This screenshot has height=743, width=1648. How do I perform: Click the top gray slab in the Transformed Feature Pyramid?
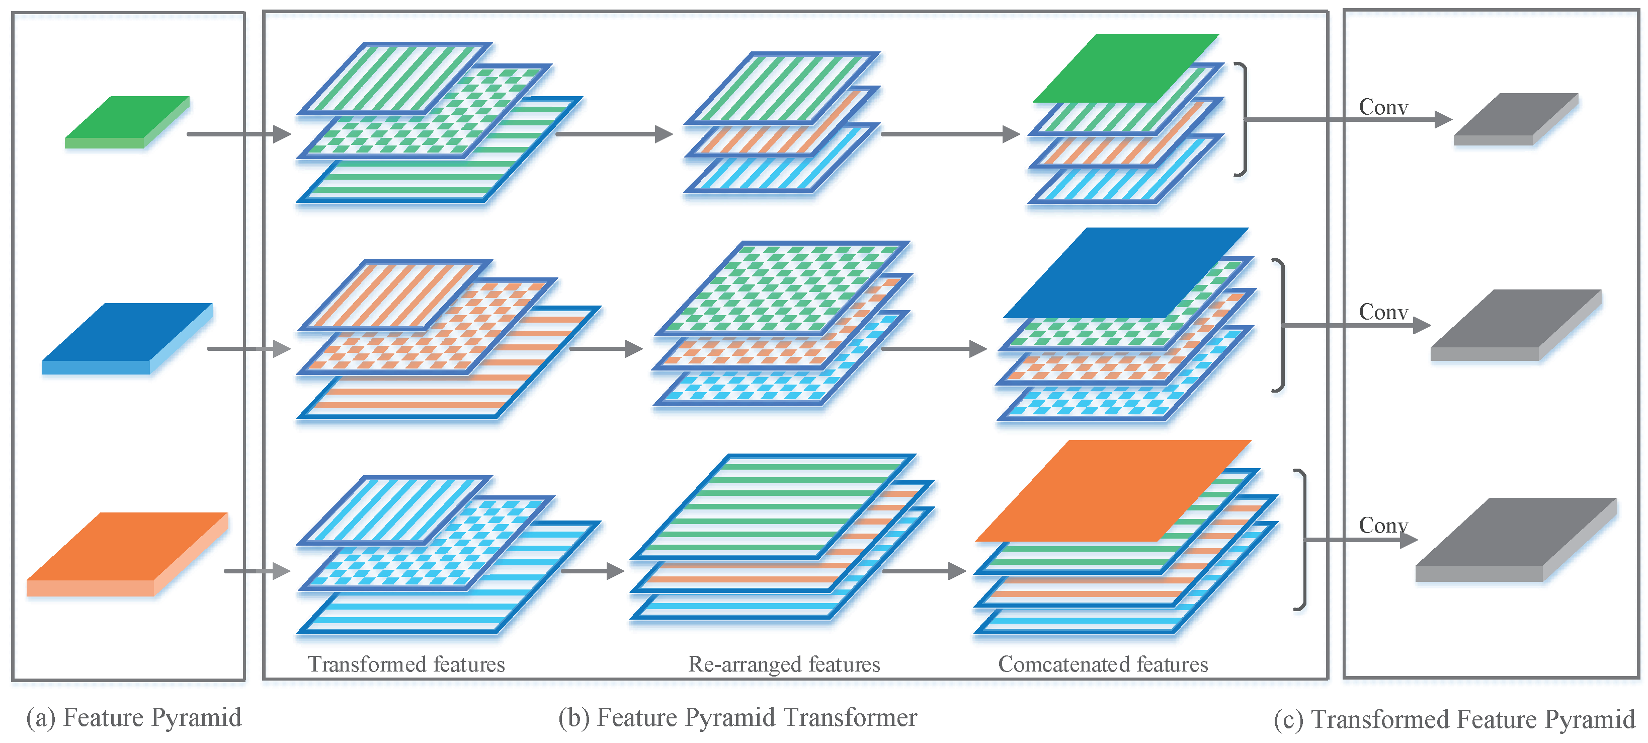point(1515,118)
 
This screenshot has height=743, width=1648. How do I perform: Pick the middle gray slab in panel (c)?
point(1515,323)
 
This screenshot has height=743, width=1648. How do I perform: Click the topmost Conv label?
point(1383,108)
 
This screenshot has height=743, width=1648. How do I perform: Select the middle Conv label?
point(1383,312)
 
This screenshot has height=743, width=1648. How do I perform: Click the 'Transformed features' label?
point(406,664)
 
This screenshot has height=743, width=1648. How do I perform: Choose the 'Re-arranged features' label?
point(784,664)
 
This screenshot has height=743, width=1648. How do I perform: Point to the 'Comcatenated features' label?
point(1103,664)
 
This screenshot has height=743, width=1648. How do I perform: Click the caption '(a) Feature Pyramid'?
point(134,717)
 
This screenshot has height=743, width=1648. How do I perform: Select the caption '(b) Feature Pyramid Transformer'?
point(737,717)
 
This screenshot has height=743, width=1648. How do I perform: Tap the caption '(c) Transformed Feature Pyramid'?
point(1453,719)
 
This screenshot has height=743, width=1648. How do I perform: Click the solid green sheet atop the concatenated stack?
point(1126,67)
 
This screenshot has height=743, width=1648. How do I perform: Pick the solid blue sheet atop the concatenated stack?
point(1126,271)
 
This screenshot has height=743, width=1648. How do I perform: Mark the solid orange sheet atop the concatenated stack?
point(1113,490)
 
